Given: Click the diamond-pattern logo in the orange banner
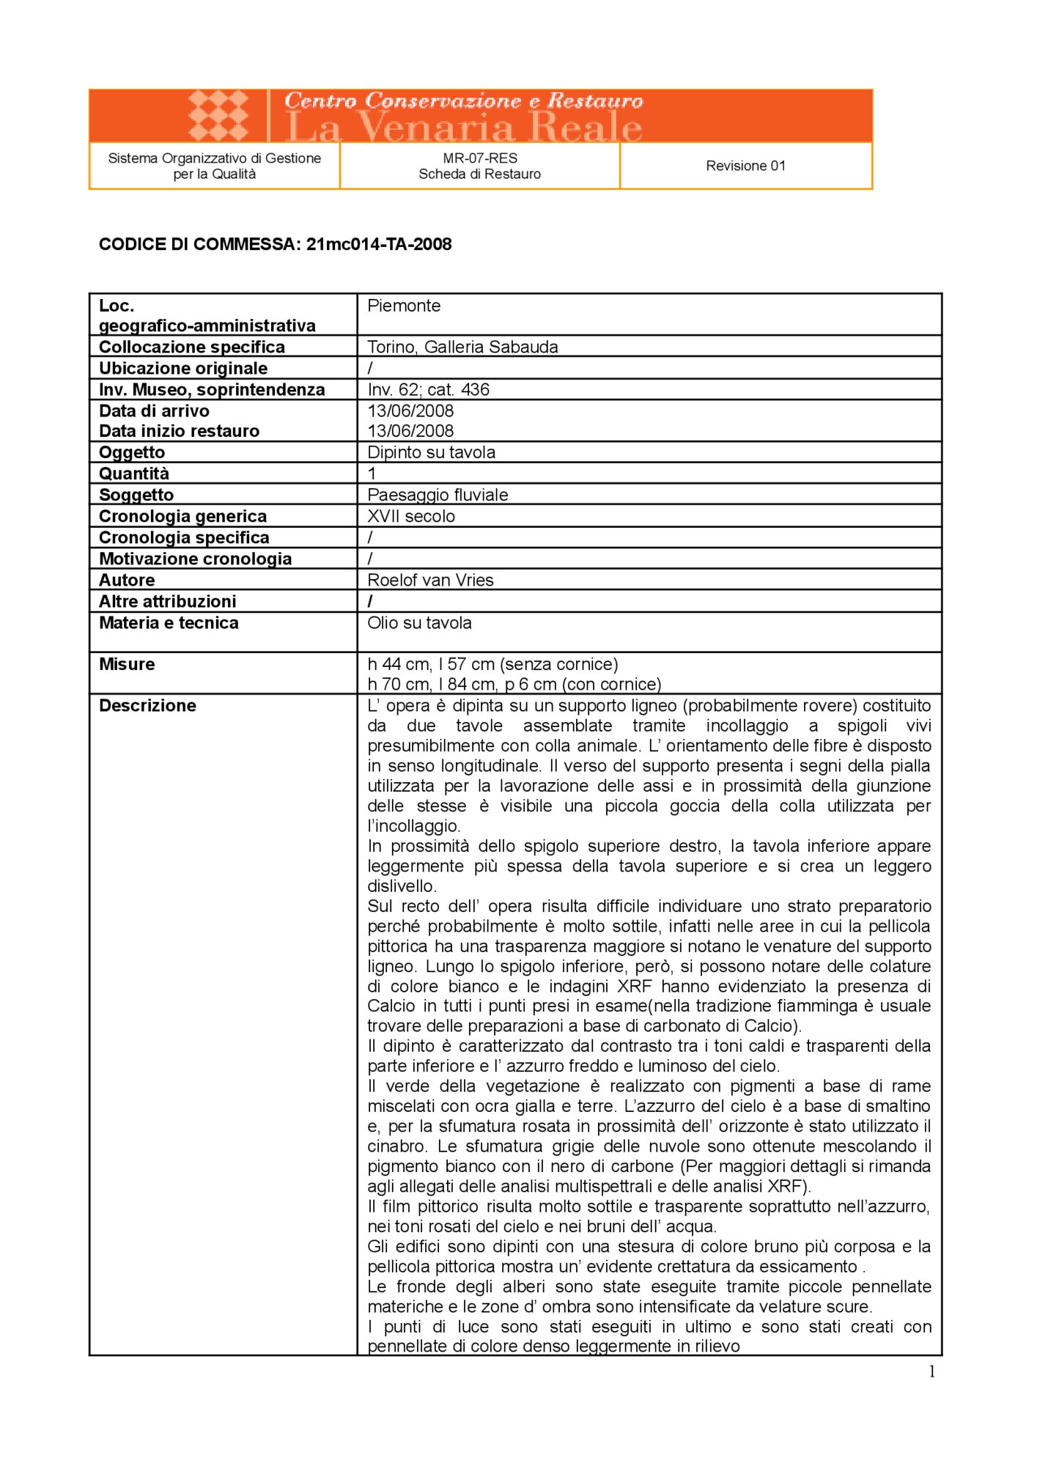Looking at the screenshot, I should click(x=218, y=115).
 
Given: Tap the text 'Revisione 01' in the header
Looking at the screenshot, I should click(x=745, y=166).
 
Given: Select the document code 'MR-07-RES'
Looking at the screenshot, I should click(x=480, y=158).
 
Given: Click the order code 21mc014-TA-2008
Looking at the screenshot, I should click(x=379, y=244).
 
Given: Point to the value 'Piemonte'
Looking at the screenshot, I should click(x=404, y=306).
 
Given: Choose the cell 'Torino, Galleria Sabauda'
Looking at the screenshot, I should click(x=462, y=347).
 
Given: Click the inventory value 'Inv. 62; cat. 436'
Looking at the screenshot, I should click(x=428, y=389).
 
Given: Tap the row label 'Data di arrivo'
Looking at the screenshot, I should click(x=154, y=410).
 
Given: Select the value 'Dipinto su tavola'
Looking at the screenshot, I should click(x=431, y=452).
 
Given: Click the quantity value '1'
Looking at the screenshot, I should click(x=372, y=474).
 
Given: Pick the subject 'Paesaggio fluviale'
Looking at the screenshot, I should click(x=438, y=495).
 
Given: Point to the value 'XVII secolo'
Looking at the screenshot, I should click(x=411, y=516).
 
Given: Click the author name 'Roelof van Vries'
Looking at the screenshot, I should click(x=430, y=580).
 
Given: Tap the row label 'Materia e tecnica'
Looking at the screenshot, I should click(x=169, y=622).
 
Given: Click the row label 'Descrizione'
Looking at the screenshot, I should click(x=147, y=705).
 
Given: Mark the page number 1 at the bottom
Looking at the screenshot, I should click(x=931, y=1372).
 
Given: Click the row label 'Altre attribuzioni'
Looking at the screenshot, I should click(x=167, y=601).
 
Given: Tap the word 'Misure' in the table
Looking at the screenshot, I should click(x=127, y=664).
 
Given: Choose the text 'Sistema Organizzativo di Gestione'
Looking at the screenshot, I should click(x=214, y=158).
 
